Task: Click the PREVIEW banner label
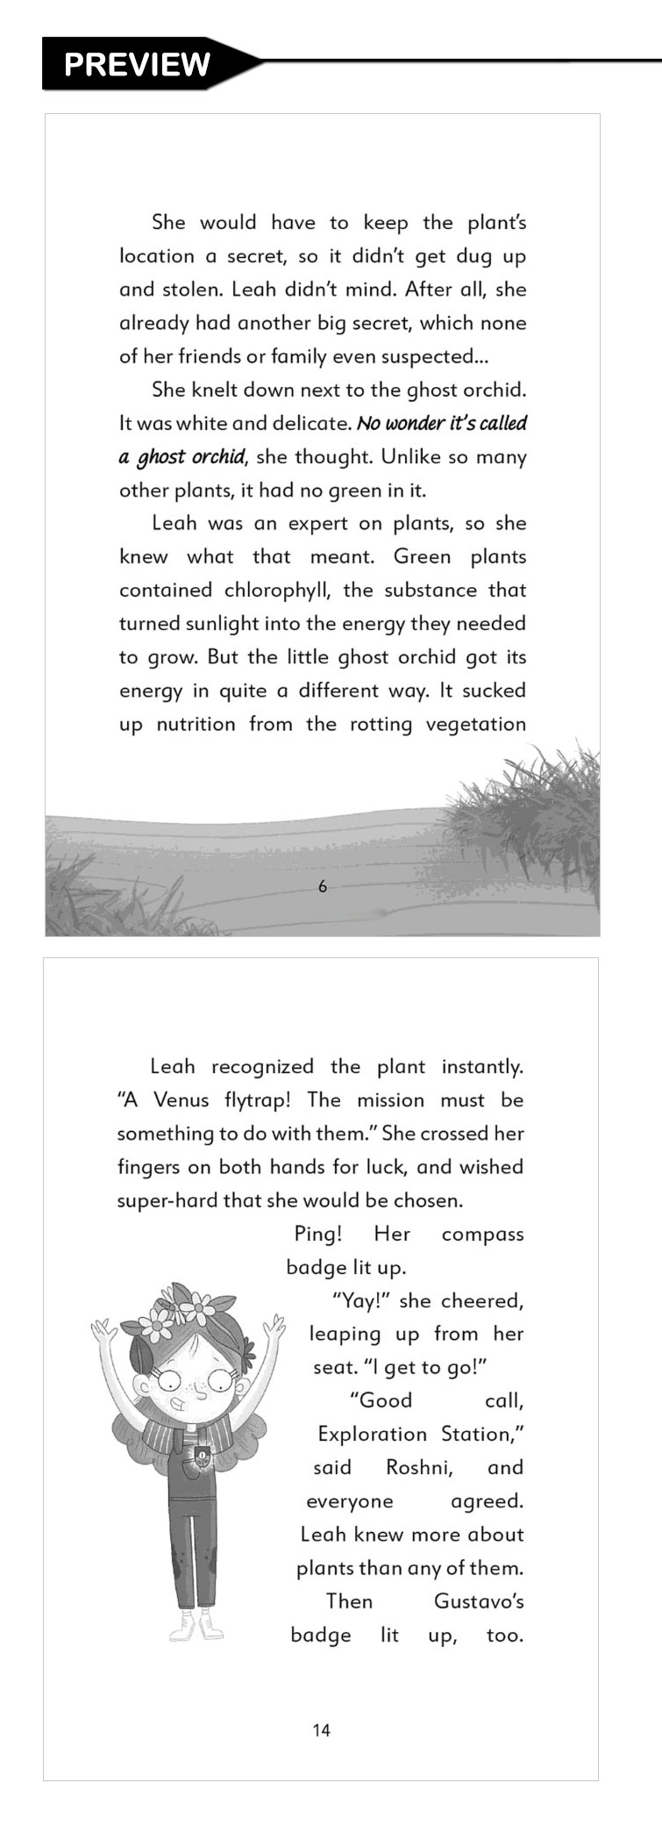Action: click(x=138, y=64)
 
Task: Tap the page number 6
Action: click(x=322, y=886)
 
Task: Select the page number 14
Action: click(x=321, y=1729)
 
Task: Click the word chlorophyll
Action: click(x=276, y=590)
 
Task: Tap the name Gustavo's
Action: click(x=479, y=1600)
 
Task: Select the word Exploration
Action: click(x=372, y=1434)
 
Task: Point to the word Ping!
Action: click(x=317, y=1234)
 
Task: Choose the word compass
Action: click(x=482, y=1234)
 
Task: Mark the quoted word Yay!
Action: click(x=359, y=1300)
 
